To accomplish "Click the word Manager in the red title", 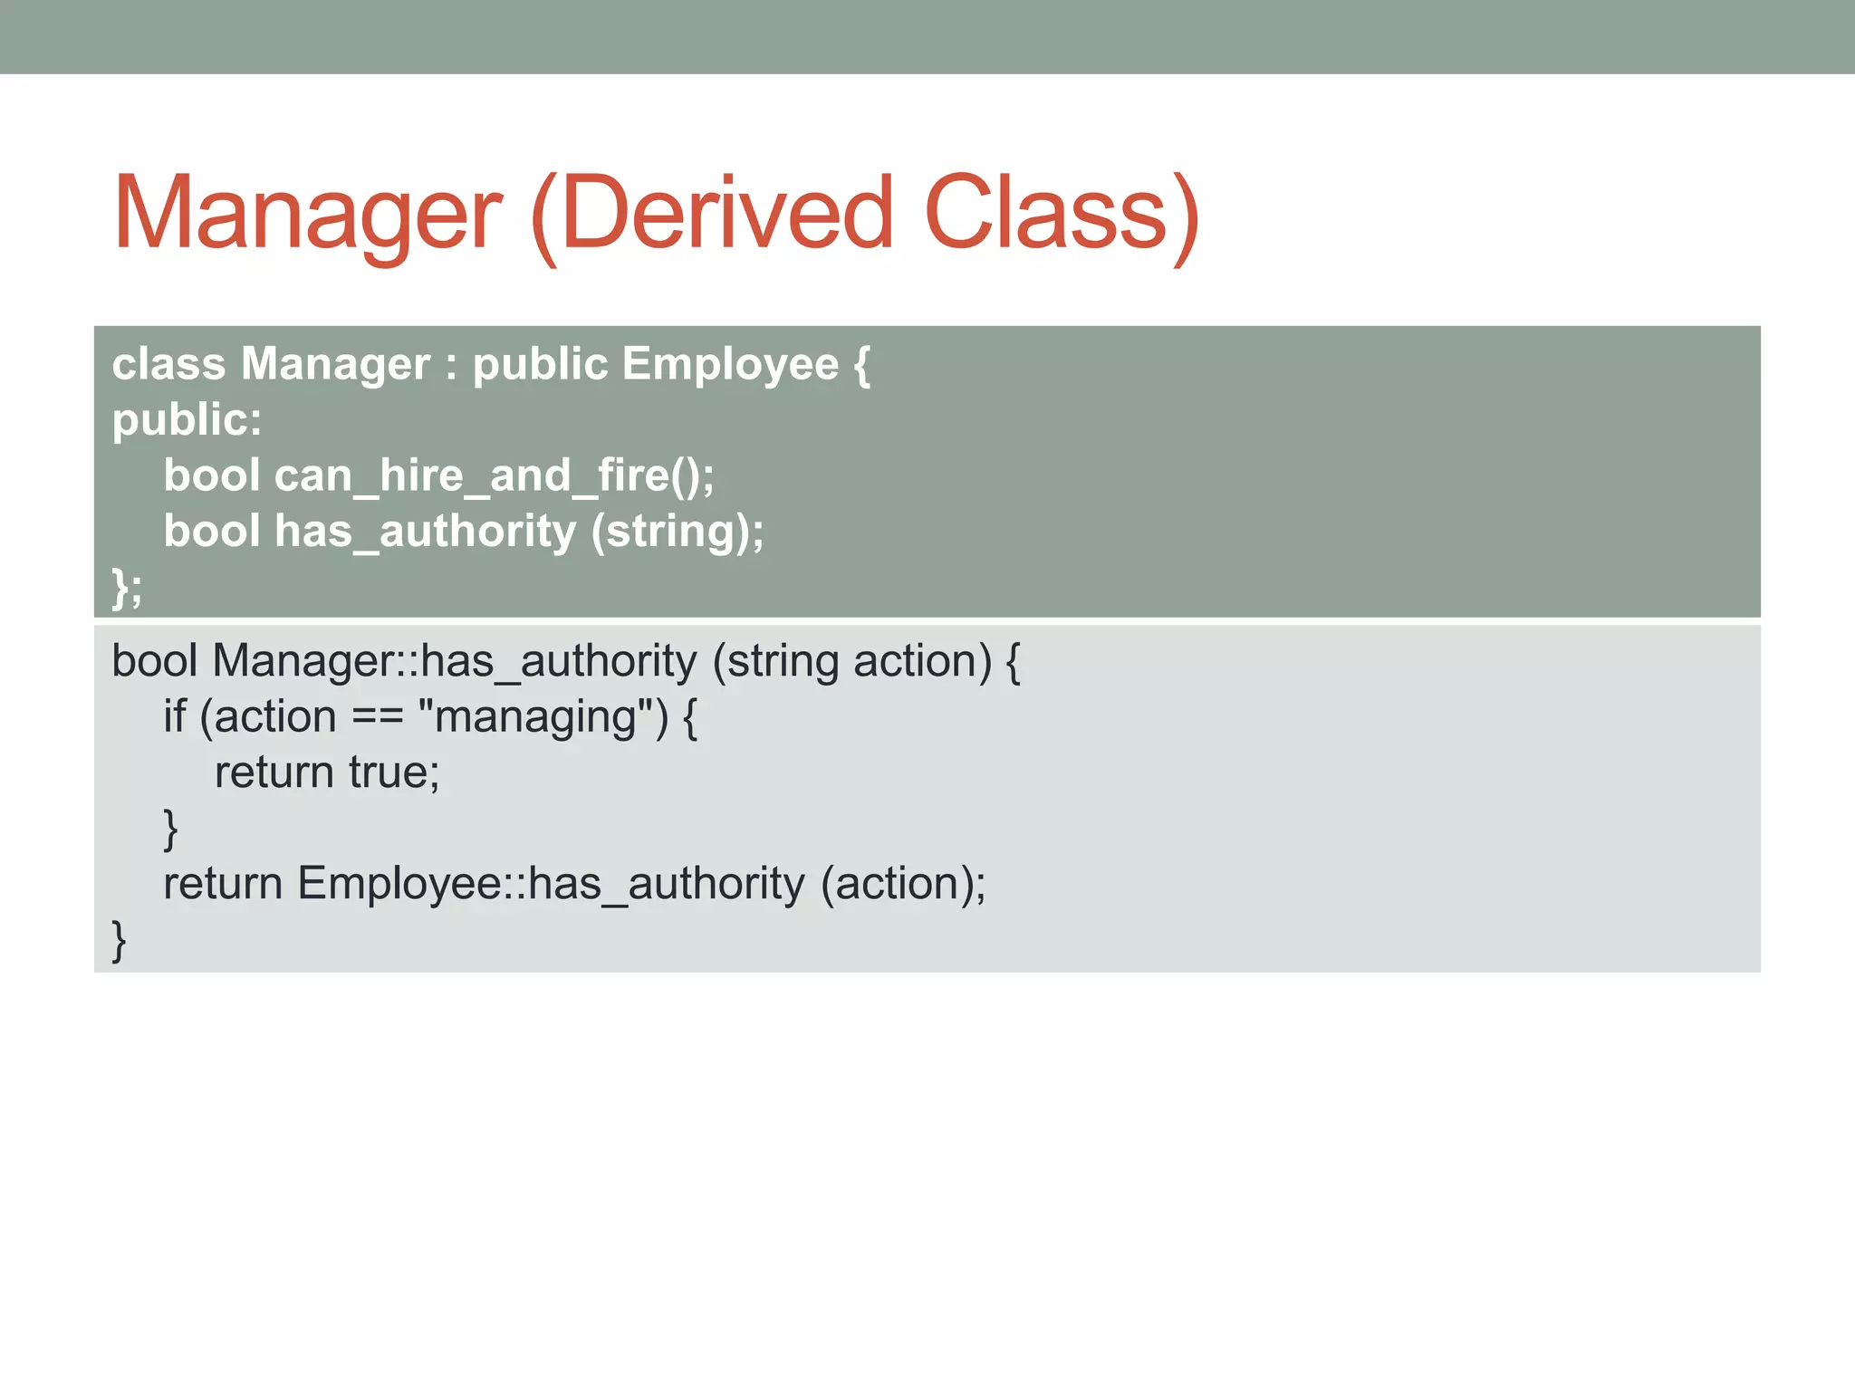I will (x=307, y=214).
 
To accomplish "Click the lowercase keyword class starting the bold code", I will (x=168, y=364).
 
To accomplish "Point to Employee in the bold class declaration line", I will (x=730, y=364).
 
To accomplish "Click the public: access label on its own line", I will (x=187, y=420).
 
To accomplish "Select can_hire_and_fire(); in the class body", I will (x=494, y=475).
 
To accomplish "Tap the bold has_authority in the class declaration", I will (x=425, y=532).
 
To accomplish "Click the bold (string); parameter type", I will (x=678, y=532).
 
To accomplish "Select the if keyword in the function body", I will (x=174, y=717).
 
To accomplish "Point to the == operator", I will (x=377, y=717).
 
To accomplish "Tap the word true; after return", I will (x=394, y=772).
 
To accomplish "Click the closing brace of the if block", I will (x=170, y=829).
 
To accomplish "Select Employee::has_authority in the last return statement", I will (x=551, y=884).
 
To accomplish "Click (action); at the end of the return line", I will (x=903, y=884).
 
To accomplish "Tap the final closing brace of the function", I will (x=119, y=940).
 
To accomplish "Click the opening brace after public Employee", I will (x=861, y=364).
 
